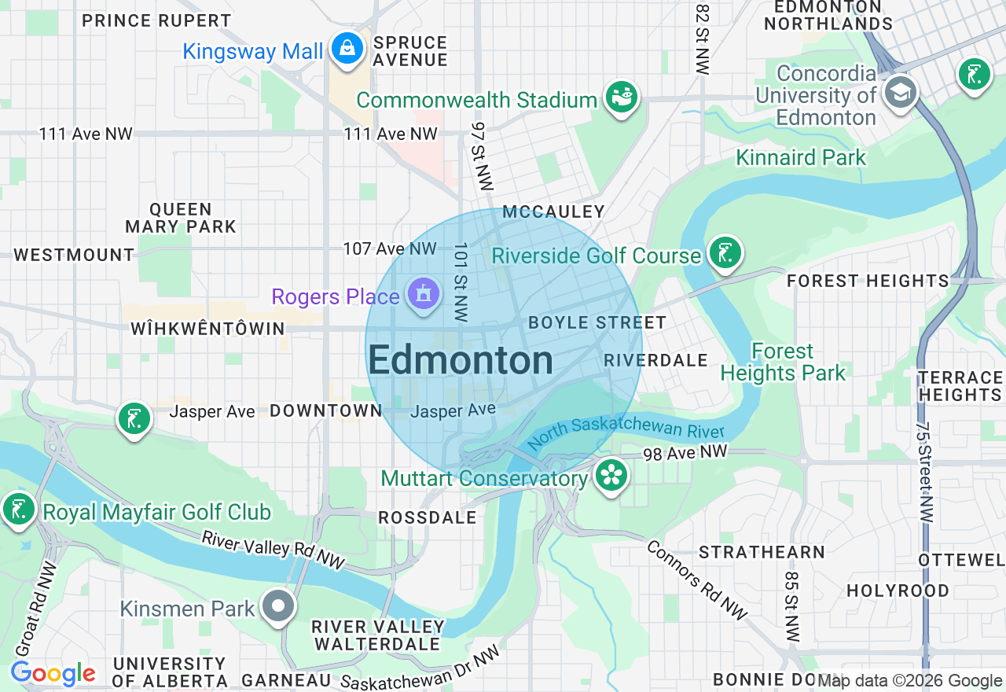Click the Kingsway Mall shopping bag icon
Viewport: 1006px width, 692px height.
point(346,49)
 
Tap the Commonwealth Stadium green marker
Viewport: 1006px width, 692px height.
point(622,98)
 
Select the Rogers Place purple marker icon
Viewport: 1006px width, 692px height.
point(423,296)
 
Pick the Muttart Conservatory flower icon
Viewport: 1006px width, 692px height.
point(610,476)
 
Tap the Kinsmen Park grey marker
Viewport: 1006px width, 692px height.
point(278,607)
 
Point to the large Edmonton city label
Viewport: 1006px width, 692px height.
point(461,361)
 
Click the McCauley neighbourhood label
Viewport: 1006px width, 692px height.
point(553,212)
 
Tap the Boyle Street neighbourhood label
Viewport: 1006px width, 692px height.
point(597,322)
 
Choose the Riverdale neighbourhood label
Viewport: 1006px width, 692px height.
point(655,360)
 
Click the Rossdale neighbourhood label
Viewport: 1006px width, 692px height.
point(427,517)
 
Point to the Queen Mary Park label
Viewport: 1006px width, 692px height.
point(181,218)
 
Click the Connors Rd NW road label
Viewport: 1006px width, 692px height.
point(697,580)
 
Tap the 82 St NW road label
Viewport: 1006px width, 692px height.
point(702,38)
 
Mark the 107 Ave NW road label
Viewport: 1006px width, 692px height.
point(389,248)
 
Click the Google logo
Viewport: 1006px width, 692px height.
point(53,673)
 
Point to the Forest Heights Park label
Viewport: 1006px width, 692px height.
point(783,362)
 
